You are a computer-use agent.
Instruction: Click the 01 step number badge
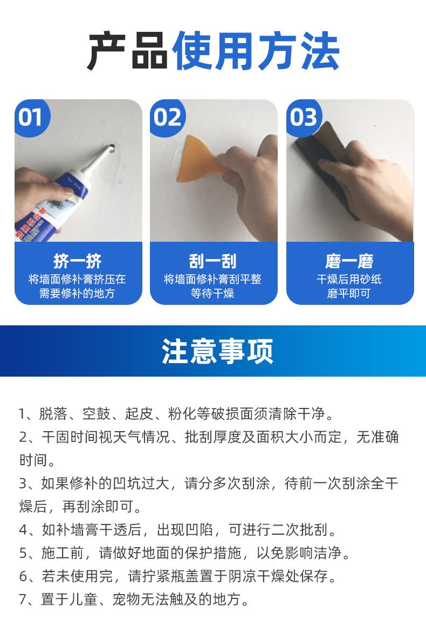coord(32,118)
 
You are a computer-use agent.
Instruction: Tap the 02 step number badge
coord(168,118)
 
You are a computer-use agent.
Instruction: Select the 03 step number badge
coord(304,118)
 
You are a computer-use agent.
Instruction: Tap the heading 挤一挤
coord(78,261)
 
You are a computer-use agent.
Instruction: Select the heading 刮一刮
coord(213,261)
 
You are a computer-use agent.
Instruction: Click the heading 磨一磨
coord(349,261)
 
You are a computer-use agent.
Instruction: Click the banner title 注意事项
coord(217,351)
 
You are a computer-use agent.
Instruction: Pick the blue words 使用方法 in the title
coord(256,51)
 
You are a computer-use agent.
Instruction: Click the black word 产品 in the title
coord(128,51)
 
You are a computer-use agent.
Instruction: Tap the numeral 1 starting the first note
coord(22,414)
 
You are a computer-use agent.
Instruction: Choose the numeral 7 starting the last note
coord(23,600)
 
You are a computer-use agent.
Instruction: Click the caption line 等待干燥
coord(212,294)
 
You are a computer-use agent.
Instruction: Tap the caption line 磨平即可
coord(349,294)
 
